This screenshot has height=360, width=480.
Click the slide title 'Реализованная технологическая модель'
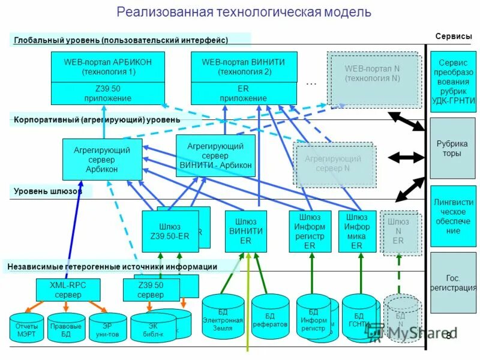point(244,13)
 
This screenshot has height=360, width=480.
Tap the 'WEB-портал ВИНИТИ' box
point(244,67)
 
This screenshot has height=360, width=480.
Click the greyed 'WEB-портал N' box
point(372,74)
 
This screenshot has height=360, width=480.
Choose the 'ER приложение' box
point(244,94)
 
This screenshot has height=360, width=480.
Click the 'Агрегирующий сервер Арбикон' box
point(102,160)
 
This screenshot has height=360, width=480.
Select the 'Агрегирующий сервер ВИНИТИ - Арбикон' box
point(215,155)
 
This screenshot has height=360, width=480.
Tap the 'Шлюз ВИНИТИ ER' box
point(245,231)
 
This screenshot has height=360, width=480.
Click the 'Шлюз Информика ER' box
point(357,231)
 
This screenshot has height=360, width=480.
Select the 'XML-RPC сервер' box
point(68,290)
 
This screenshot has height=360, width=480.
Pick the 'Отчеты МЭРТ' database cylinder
point(26,329)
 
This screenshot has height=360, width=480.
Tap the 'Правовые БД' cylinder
point(66,329)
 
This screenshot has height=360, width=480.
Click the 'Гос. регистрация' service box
point(453,283)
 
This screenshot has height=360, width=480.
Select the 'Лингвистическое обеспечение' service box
point(453,217)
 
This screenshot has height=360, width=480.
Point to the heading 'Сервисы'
point(453,37)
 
